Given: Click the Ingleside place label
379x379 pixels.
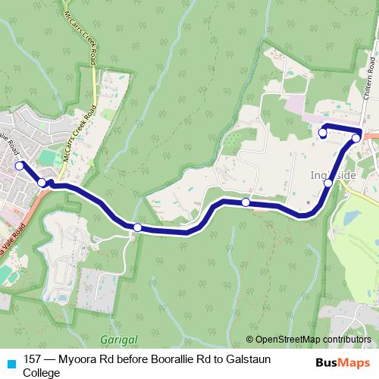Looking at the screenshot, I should (x=328, y=175).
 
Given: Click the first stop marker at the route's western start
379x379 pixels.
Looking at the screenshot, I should (x=19, y=164).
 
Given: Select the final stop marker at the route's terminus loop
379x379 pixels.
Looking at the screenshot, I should (x=322, y=133).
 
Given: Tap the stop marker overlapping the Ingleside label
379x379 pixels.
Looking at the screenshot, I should (x=327, y=183).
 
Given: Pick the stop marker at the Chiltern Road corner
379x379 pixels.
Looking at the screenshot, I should (x=356, y=138).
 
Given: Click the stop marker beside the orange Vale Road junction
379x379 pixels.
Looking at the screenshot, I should (x=42, y=183).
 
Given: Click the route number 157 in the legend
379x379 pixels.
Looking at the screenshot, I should (x=32, y=359).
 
